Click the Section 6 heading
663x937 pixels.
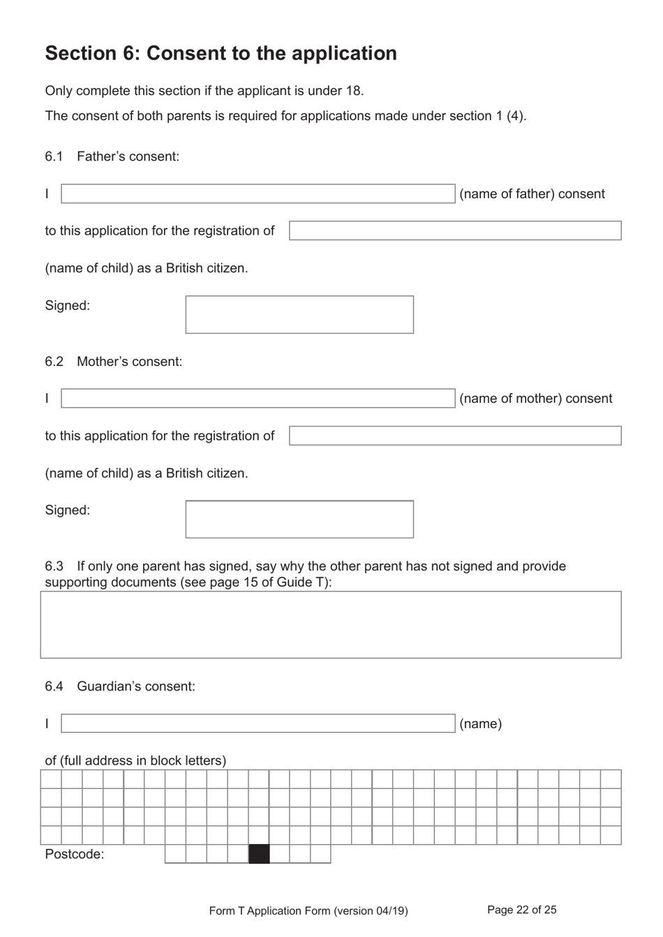[x=221, y=54]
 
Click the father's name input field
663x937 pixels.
[x=258, y=194]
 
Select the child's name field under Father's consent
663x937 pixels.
[x=454, y=231]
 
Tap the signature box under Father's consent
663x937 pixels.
[x=299, y=315]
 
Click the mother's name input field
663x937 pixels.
[x=258, y=399]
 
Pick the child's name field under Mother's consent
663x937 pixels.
[x=454, y=436]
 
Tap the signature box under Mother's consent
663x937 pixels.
[x=299, y=519]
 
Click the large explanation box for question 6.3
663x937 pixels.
[x=330, y=625]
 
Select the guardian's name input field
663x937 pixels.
[x=258, y=723]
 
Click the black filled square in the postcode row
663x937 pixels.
[x=259, y=854]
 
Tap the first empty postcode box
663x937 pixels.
[x=175, y=854]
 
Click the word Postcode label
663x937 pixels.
[x=74, y=855]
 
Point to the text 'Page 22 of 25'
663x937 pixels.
[x=521, y=910]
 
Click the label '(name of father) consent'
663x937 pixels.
[x=532, y=194]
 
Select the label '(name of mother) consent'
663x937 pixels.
[x=535, y=399]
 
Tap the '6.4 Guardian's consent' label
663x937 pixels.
[x=120, y=686]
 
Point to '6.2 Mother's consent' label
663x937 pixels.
[x=114, y=362]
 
